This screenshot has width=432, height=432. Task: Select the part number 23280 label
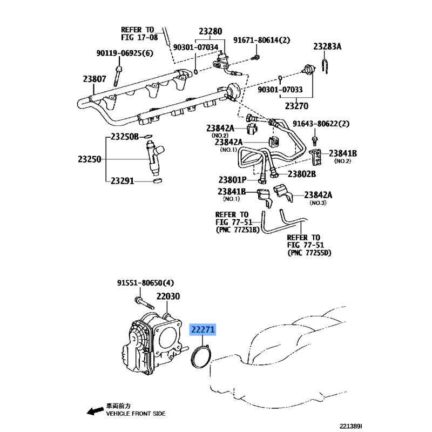(210, 31)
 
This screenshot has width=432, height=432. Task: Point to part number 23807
(94, 79)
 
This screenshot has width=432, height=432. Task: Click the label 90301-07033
(280, 90)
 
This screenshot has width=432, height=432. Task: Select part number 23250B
(125, 137)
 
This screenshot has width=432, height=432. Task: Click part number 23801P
(233, 179)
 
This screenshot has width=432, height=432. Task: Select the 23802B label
(301, 174)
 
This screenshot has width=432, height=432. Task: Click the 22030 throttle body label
(168, 296)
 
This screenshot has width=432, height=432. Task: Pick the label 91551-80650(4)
(146, 282)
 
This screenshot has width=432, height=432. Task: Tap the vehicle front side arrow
(94, 412)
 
